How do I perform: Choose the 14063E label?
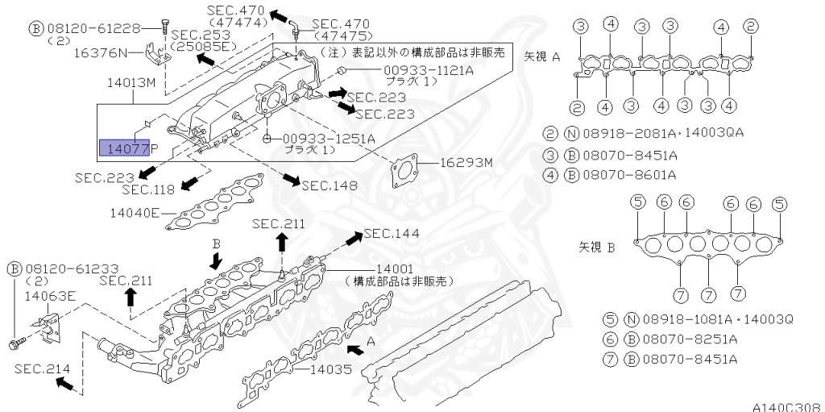pos(50,296)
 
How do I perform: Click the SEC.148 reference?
pos(329,185)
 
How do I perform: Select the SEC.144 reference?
pos(392,233)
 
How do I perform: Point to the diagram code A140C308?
pos(788,406)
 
